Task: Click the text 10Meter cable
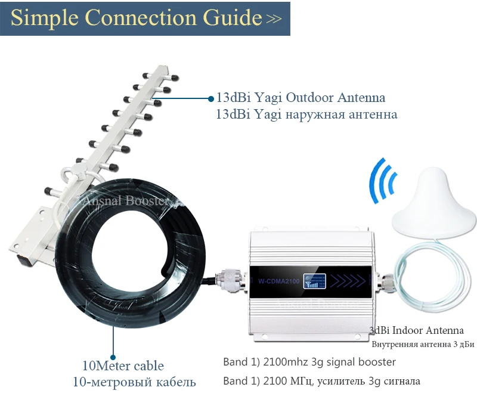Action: (123, 366)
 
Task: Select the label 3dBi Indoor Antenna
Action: (416, 330)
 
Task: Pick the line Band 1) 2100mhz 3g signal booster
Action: (309, 362)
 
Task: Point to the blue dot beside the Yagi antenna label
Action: (210, 98)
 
